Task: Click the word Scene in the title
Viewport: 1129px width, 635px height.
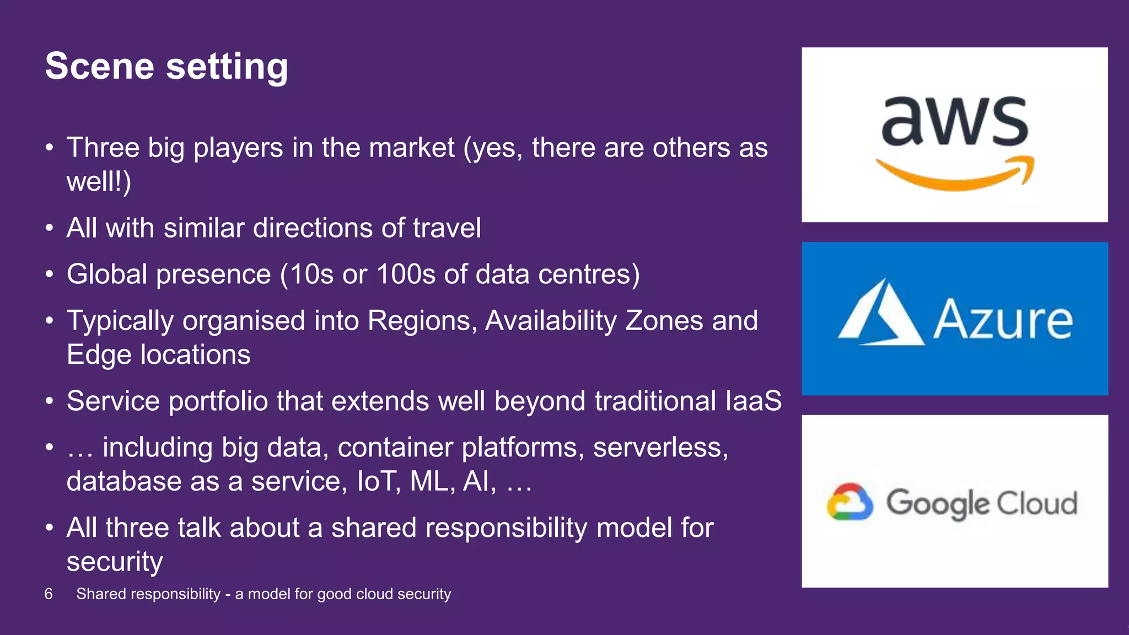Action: point(99,66)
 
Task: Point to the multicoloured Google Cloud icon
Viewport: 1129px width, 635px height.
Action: point(850,502)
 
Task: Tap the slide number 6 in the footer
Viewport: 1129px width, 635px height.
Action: point(49,594)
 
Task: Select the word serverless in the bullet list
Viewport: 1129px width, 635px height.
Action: point(660,447)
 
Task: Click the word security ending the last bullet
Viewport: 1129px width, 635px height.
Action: point(115,562)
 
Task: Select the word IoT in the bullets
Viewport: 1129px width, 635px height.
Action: point(379,481)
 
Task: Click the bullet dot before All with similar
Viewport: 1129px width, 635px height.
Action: point(50,228)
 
